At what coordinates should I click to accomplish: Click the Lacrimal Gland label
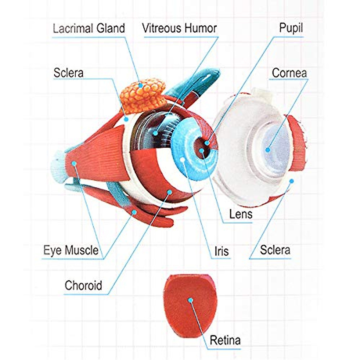[89, 28]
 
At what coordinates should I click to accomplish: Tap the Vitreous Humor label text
[179, 28]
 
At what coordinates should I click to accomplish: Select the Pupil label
[291, 28]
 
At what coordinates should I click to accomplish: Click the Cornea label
[289, 73]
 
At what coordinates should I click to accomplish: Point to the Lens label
[241, 214]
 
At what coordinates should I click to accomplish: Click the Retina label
[225, 340]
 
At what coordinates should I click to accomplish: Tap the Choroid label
[83, 285]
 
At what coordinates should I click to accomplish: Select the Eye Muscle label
[71, 250]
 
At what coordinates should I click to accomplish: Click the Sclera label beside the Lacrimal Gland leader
[68, 73]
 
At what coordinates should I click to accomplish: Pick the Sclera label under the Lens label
[275, 250]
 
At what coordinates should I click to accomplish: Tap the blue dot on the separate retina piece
[190, 300]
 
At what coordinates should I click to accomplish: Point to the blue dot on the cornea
[268, 150]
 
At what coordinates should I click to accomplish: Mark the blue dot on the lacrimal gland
[140, 85]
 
